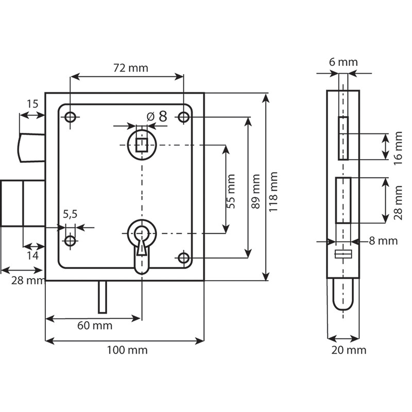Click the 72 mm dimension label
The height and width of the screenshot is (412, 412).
click(x=131, y=68)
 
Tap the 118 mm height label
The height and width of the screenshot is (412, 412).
click(x=274, y=192)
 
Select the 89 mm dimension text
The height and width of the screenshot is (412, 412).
click(x=255, y=191)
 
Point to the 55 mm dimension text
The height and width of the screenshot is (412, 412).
click(x=231, y=191)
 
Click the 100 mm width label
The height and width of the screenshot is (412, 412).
click(x=127, y=350)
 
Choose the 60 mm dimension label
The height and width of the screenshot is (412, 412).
click(x=95, y=326)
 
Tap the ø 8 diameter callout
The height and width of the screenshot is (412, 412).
click(x=157, y=116)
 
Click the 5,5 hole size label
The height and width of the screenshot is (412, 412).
click(x=70, y=214)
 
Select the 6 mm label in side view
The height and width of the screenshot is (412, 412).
click(x=344, y=62)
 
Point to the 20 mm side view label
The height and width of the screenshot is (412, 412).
click(x=349, y=350)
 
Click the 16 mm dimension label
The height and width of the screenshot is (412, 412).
click(x=398, y=148)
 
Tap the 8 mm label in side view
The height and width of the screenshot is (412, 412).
click(x=383, y=241)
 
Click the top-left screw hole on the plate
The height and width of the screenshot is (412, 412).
click(x=70, y=117)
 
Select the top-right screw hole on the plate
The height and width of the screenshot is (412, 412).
click(x=184, y=117)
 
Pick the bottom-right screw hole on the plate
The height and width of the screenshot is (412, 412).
click(x=184, y=258)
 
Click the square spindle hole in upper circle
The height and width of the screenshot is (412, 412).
click(x=142, y=145)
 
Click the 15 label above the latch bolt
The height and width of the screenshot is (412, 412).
click(x=32, y=105)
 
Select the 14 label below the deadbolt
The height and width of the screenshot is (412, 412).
click(x=32, y=255)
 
